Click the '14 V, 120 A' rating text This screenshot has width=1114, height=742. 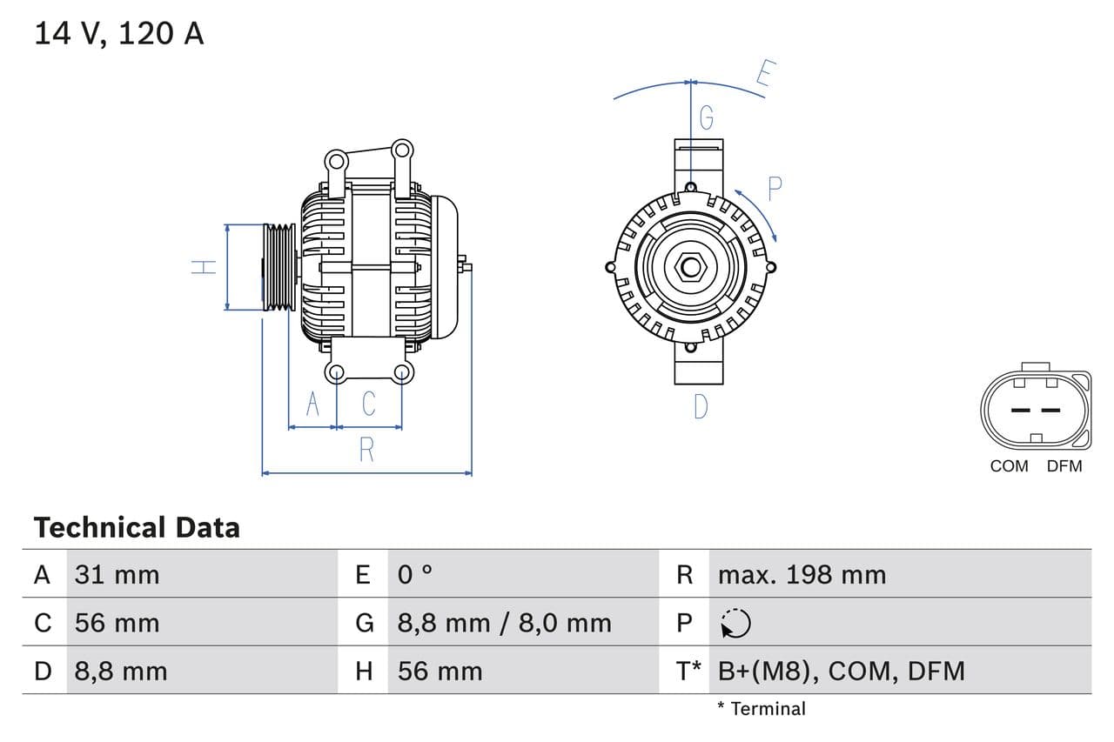coord(119,33)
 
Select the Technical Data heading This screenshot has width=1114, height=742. coord(137,527)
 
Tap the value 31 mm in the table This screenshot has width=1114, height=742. coord(117,574)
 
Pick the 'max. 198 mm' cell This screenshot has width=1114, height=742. coord(802,574)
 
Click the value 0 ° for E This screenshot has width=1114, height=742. coord(415,574)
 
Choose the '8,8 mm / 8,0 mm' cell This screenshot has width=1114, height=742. coord(504,623)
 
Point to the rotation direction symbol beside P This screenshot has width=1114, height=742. coord(735,623)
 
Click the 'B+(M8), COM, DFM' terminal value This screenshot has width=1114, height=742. coord(841,671)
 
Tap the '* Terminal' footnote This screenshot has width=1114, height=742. coord(762,708)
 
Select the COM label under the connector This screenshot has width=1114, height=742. coord(1009,466)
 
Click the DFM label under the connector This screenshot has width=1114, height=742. coord(1064,466)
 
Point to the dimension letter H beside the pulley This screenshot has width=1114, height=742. coord(205,267)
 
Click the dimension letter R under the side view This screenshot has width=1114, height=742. coord(366,450)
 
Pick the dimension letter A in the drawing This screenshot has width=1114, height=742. coord(312,404)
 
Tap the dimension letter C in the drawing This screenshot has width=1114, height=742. coord(368,404)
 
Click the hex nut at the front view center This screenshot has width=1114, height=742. coord(690,267)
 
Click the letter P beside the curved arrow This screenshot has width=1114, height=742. coord(774,189)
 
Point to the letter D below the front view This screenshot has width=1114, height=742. coord(701,406)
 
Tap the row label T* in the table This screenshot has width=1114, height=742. coord(688,671)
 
